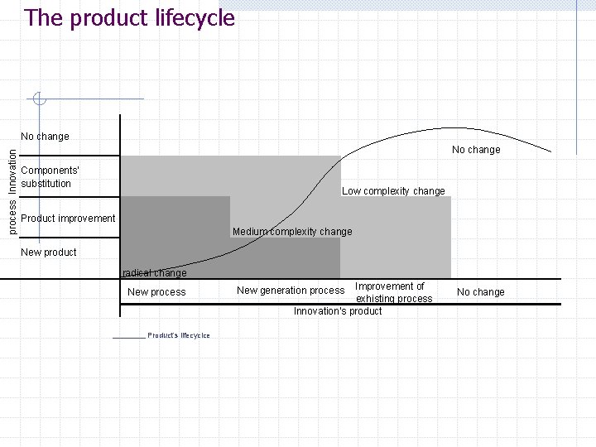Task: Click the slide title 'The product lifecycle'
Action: coord(130,18)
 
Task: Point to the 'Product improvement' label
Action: coord(68,219)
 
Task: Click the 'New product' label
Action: coord(48,252)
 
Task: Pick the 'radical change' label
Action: coord(155,273)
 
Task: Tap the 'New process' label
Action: coord(156,292)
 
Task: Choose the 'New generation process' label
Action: coord(290,291)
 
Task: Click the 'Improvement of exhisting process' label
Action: coord(392,292)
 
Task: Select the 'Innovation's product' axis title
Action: coord(338,311)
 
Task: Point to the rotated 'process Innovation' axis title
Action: coord(12,189)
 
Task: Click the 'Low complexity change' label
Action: coord(393,191)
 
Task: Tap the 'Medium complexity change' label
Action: coord(292,232)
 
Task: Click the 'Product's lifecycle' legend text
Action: coord(179,335)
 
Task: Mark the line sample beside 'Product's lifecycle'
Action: coord(128,337)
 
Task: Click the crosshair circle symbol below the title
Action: coord(38,99)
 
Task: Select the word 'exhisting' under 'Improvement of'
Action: coord(377,299)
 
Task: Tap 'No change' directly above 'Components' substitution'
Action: coord(45,137)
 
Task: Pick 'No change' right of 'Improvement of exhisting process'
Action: coord(480,292)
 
